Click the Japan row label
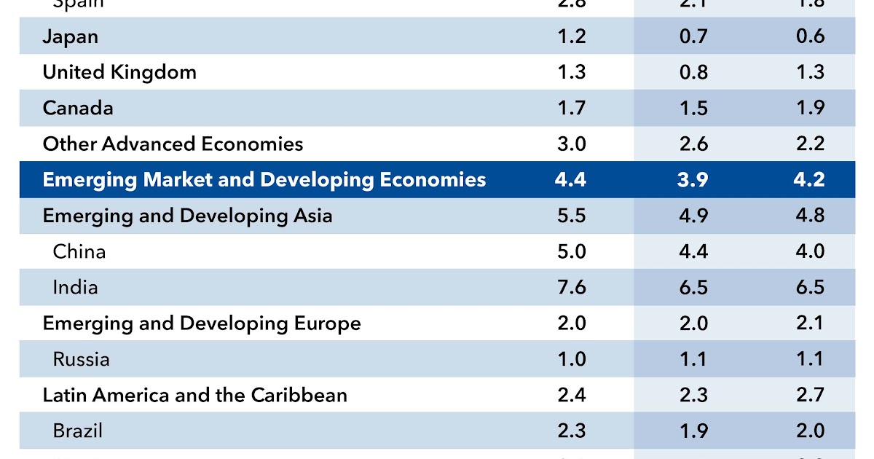pos(70,36)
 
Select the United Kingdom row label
pos(119,72)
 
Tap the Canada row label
pos(78,108)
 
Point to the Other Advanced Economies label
pos(173,144)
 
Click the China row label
pos(79,251)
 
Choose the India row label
pos(75,287)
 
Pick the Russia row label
pos(82,359)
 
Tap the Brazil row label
pos(78,431)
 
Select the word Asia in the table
pos(310,216)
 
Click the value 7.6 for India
pos(571,287)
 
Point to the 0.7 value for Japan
pos(693,36)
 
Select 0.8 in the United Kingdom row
pos(693,72)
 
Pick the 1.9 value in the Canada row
pos(810,108)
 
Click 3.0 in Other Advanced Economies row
pos(571,144)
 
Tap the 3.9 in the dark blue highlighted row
pos(693,179)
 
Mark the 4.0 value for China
pos(810,251)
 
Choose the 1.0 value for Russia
pos(571,359)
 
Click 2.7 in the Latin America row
pos(810,395)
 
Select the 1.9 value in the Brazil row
pos(693,431)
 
